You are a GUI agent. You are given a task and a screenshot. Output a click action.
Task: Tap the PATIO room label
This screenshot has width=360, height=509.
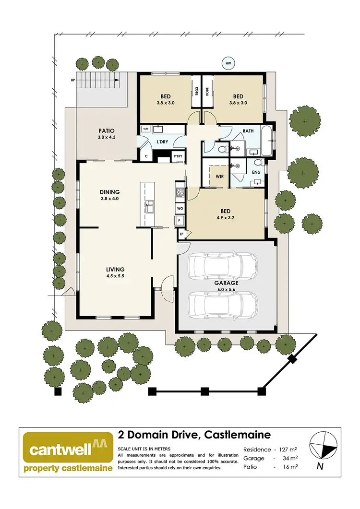107,130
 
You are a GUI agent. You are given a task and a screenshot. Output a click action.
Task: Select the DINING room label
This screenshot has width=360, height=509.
109,191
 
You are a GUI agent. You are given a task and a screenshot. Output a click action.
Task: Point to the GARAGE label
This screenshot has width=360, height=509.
227,283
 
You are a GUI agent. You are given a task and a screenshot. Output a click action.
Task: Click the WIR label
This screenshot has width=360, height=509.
220,177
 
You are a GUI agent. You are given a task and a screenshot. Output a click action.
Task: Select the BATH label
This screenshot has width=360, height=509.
248,130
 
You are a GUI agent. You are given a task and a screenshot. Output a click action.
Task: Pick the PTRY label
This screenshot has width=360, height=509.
179,156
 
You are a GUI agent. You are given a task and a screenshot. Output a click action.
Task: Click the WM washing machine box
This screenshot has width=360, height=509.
146,130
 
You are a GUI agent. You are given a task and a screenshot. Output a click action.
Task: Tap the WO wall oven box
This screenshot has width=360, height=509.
180,209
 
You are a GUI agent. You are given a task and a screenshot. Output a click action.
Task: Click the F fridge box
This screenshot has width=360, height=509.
180,220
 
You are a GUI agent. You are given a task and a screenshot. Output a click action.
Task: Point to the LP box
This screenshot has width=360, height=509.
182,234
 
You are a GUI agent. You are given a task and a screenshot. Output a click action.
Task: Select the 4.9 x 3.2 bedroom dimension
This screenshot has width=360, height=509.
225,217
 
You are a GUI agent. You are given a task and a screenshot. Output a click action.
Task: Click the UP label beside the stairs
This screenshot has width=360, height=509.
72,80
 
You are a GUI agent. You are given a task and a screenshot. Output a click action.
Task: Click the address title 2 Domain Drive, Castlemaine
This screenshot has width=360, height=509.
194,435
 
